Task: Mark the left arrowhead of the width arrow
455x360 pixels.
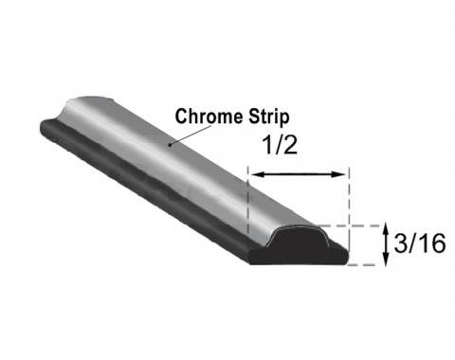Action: click(x=253, y=173)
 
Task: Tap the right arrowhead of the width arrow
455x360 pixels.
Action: click(x=343, y=173)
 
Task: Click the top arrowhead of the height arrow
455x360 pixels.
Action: click(x=386, y=229)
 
